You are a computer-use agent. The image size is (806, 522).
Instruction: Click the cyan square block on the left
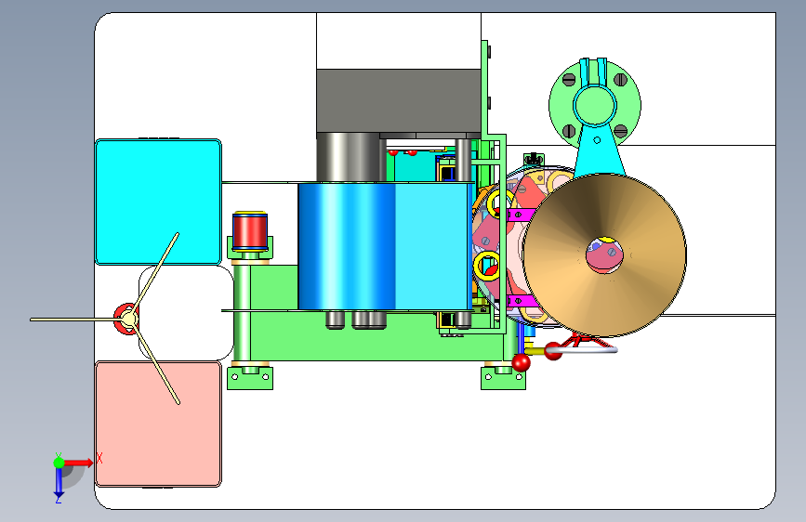(158, 202)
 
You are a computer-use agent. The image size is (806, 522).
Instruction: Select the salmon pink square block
(158, 424)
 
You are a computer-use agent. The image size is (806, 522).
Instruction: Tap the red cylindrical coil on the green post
(250, 230)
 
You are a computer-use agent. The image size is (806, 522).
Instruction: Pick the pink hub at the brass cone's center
(604, 254)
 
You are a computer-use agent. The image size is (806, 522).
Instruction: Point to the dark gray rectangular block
(399, 100)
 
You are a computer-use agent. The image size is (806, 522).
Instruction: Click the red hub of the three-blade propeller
(126, 320)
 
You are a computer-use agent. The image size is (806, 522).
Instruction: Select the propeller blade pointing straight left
(77, 320)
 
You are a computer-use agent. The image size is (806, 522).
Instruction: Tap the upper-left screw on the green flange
(569, 80)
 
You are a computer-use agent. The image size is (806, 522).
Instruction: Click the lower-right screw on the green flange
(620, 130)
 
